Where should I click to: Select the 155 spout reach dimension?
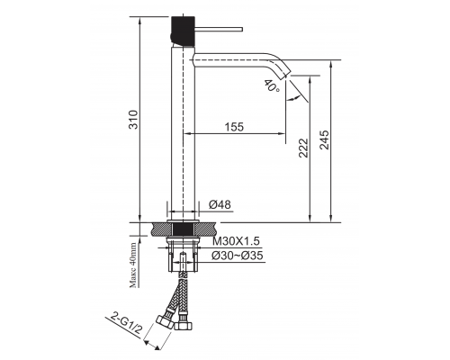pos(233,127)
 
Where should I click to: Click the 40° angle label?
pos(272,86)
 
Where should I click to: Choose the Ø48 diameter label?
pos(221,205)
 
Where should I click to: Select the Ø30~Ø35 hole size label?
pos(239,256)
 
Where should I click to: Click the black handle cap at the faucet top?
pos(183,26)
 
